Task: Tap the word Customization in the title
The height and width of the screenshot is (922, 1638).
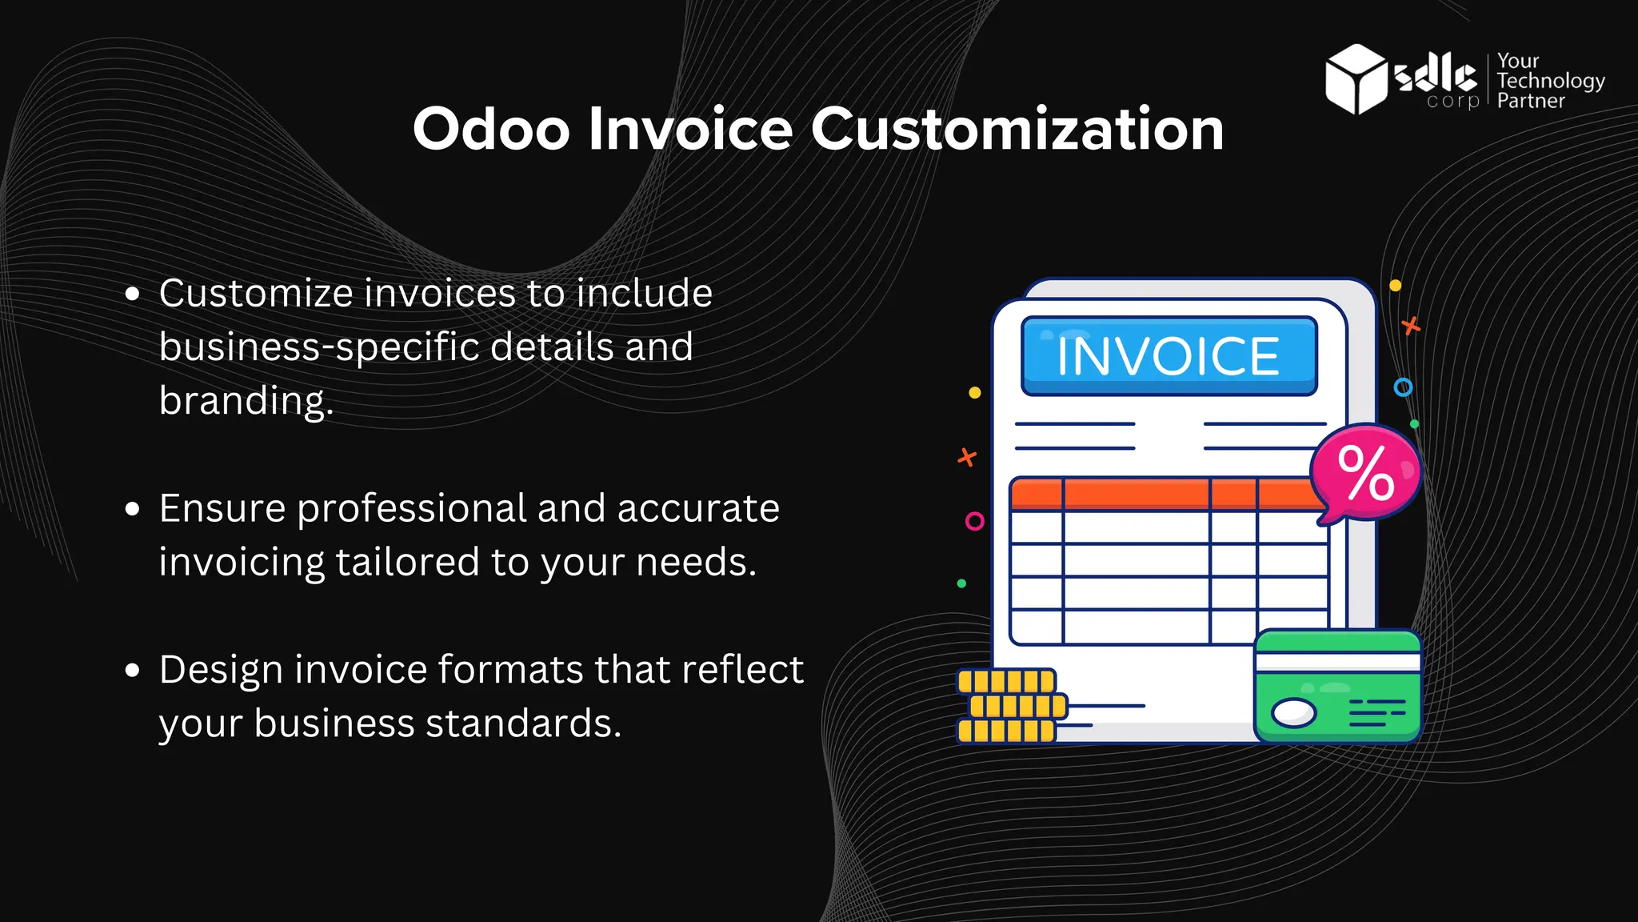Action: coord(1017,129)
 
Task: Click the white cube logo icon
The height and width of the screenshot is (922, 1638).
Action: coord(1356,78)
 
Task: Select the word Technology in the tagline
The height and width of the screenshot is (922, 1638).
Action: coord(1550,81)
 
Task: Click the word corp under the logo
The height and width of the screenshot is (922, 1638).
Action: coord(1452,101)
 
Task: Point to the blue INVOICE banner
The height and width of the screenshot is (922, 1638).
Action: coord(1169,356)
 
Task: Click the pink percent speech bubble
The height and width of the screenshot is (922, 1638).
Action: coord(1366,473)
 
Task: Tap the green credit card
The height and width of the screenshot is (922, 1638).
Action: coord(1337,687)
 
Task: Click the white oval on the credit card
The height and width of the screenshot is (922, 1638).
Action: coord(1293,712)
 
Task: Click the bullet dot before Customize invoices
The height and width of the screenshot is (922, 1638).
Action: coord(133,294)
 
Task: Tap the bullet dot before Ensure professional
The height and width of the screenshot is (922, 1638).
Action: coord(133,509)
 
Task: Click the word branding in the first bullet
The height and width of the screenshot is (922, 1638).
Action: coord(245,400)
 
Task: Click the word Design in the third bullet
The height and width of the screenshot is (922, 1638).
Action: coord(221,669)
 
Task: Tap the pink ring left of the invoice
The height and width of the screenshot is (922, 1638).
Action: coord(974,522)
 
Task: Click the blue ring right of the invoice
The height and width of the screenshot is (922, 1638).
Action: coord(1403,387)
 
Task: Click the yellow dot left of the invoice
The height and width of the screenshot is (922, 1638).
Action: coord(974,393)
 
